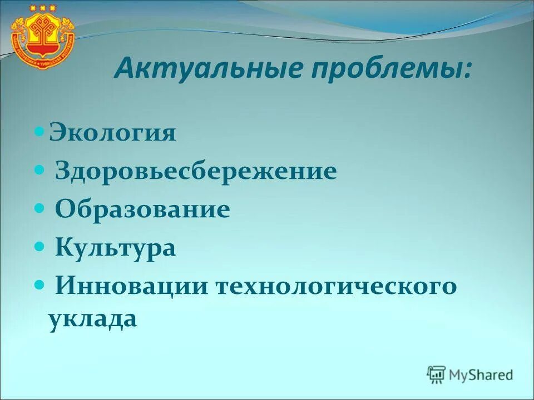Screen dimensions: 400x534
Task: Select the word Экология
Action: [112, 133]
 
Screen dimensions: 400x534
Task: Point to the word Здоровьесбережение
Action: [196, 171]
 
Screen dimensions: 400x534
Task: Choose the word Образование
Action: [142, 209]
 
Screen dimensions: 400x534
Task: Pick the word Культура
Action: [116, 247]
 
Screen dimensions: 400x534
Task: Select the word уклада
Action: [92, 319]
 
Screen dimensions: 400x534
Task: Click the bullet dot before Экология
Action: [39, 133]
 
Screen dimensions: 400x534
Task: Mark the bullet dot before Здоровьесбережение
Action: [39, 171]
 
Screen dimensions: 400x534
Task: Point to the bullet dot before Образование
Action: [39, 209]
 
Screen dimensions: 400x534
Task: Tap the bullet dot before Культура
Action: [39, 247]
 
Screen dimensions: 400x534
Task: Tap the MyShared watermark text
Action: [482, 374]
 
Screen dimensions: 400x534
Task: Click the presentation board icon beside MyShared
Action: [437, 374]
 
